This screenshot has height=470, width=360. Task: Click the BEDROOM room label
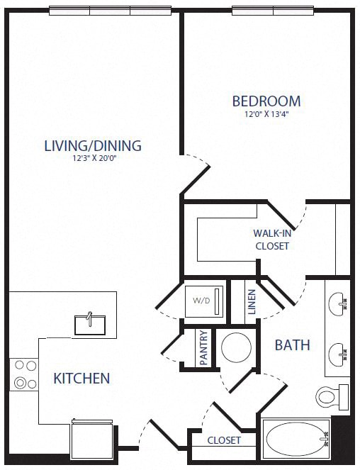coord(266,101)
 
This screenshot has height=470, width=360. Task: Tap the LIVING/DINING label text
coord(93,146)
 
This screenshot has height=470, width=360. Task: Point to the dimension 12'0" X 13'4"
coord(266,114)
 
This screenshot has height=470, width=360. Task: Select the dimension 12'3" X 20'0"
coord(93,160)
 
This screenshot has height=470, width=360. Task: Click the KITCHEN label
coord(81,378)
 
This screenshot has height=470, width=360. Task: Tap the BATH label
coord(292,345)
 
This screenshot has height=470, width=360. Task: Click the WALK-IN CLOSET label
coord(271,240)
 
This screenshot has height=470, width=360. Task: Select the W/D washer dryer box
coord(204,301)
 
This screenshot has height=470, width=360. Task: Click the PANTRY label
coord(203,348)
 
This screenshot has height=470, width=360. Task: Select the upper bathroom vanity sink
coord(339,303)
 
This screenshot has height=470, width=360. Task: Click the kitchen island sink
coord(91,323)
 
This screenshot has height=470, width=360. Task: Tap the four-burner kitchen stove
coord(25,375)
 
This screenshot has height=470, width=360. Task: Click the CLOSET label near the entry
coord(224,440)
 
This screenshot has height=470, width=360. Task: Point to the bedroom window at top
coord(272,11)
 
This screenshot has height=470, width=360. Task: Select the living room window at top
coord(110,11)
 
